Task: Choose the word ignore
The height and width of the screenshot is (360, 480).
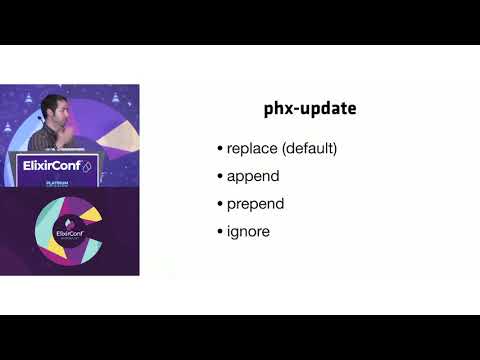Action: pyautogui.click(x=248, y=231)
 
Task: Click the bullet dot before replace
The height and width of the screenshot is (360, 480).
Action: pyautogui.click(x=220, y=150)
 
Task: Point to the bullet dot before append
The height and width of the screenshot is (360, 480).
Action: pyautogui.click(x=220, y=177)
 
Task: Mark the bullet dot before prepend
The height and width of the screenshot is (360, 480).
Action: pyautogui.click(x=220, y=204)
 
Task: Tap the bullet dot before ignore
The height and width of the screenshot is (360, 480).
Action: pyautogui.click(x=220, y=231)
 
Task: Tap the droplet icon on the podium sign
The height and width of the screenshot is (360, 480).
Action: pyautogui.click(x=86, y=166)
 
